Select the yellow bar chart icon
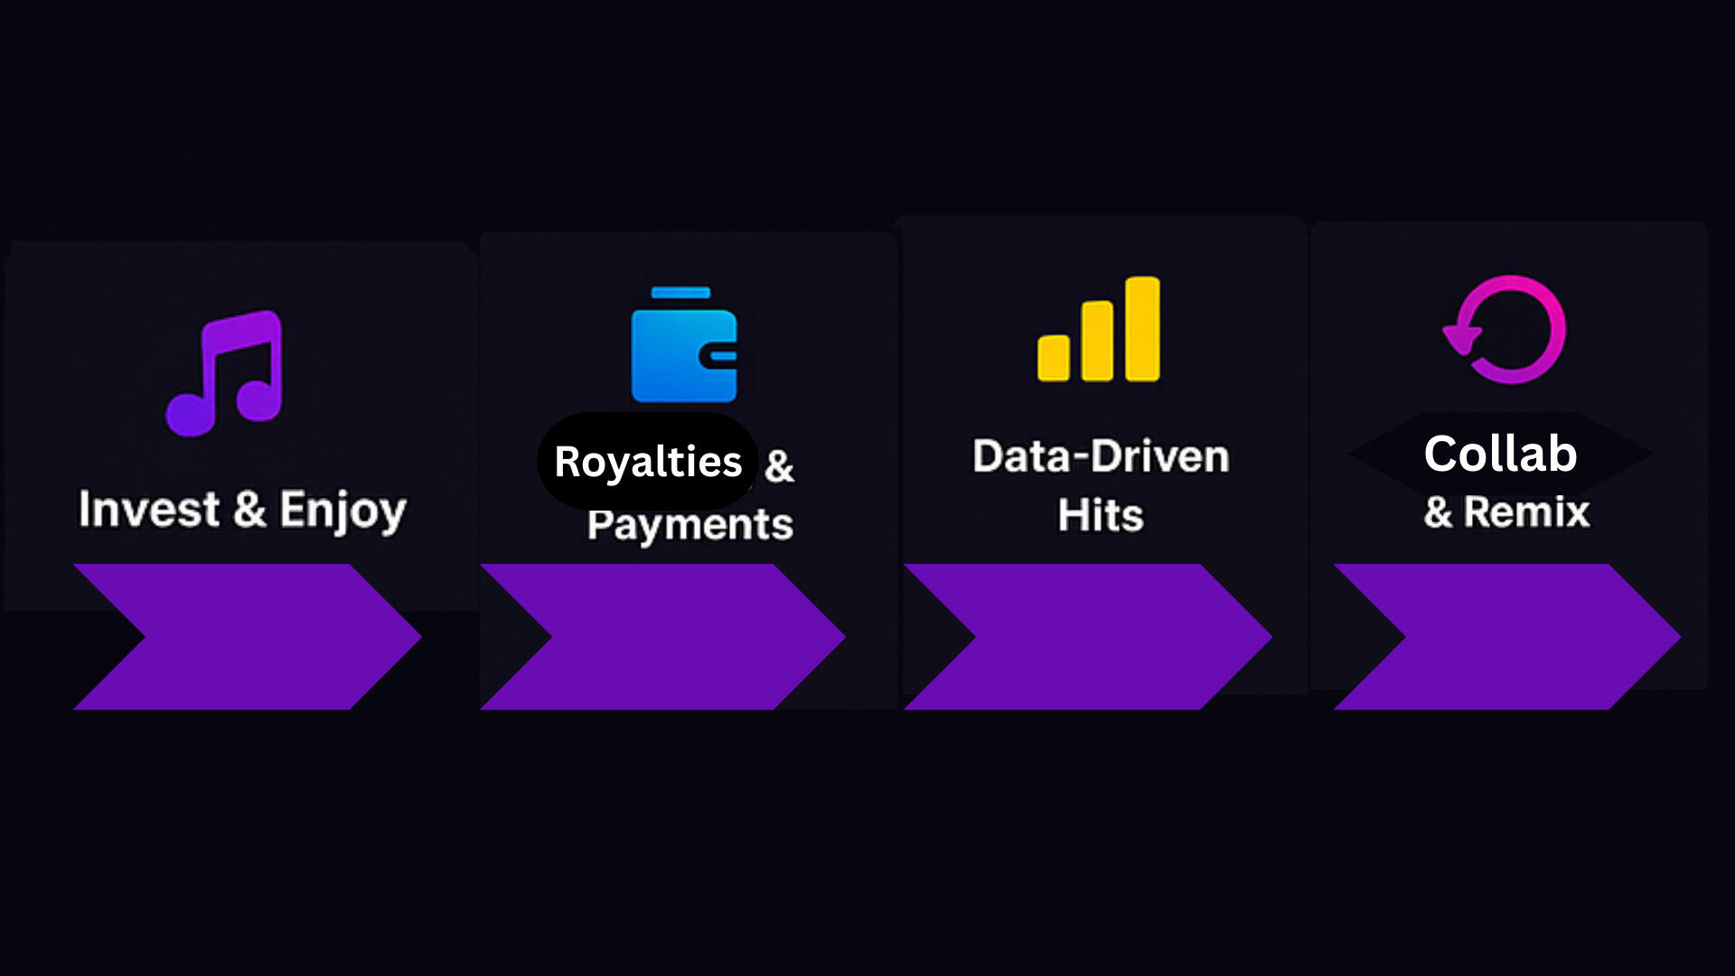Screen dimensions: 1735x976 [1099, 329]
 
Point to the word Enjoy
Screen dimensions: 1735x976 [343, 511]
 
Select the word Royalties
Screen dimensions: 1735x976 [648, 462]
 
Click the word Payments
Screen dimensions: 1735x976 [690, 525]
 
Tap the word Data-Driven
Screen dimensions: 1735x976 [1101, 456]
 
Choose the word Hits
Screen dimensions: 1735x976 [1101, 515]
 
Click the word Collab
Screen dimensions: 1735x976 [1500, 454]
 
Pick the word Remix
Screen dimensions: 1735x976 [1526, 512]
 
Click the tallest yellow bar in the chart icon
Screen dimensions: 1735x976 [1142, 329]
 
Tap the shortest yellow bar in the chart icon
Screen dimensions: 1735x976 [1054, 358]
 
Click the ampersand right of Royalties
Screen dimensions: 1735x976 [779, 467]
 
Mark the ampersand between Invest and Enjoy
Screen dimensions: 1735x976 [249, 509]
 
